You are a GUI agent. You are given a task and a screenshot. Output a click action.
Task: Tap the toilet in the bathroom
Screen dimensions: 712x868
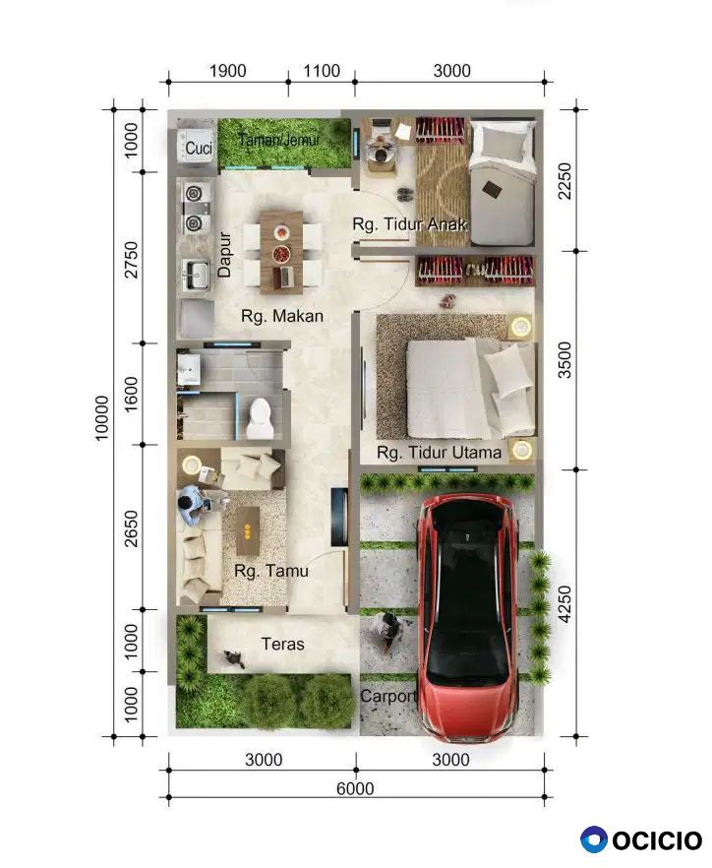point(259,418)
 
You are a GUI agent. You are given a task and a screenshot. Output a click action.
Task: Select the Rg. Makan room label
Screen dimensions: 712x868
point(282,316)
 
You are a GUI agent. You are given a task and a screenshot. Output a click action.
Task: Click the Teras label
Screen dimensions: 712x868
point(282,644)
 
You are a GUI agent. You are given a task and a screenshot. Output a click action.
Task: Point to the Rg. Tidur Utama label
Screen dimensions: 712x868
point(439,453)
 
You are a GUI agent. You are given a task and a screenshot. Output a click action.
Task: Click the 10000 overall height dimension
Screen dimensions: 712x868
point(102,418)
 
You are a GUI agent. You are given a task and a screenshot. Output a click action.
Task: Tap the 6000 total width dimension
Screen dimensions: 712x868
point(355,787)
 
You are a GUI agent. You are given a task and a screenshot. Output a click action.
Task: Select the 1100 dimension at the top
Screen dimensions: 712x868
point(322,71)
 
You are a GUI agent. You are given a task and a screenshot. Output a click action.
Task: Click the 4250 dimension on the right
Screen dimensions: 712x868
point(564,604)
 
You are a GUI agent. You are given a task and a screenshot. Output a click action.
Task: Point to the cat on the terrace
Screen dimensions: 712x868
point(235,658)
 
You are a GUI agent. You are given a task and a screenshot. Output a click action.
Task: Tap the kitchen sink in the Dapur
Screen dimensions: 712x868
point(197,275)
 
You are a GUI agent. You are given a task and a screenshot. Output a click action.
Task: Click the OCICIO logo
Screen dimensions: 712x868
point(640,839)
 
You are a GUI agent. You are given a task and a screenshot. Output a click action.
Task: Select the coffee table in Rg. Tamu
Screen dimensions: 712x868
point(247,530)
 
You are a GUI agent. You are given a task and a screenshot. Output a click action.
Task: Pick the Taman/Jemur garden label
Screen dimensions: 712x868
point(279,140)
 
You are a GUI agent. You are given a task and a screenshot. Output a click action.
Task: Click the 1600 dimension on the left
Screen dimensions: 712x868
point(131,394)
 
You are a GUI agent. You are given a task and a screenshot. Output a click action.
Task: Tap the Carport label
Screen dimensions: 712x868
point(387,696)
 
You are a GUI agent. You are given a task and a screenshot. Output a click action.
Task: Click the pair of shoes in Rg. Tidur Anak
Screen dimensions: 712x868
point(404,194)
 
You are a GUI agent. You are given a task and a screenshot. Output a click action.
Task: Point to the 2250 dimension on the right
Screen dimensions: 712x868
point(564,180)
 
